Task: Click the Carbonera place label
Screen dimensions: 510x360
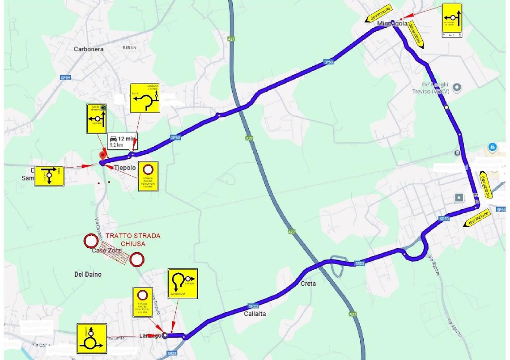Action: coord(88,49)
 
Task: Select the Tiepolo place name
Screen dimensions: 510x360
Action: coord(125,168)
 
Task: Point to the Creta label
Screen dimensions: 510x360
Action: coord(308,284)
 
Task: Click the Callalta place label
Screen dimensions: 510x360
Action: coord(255,314)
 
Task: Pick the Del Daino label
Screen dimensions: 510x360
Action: coord(88,275)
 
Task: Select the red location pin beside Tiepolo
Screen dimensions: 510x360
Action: coord(103,156)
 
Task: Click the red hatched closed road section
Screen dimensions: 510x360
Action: coord(114,251)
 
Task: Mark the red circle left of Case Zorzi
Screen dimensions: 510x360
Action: coord(91,241)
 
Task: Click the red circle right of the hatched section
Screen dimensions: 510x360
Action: coord(137,259)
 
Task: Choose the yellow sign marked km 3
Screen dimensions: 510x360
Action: coord(452,20)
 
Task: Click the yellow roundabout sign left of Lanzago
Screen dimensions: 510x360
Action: coord(91,339)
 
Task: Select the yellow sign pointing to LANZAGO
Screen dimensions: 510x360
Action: coord(145,98)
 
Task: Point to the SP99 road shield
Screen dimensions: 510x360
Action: coord(65,77)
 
